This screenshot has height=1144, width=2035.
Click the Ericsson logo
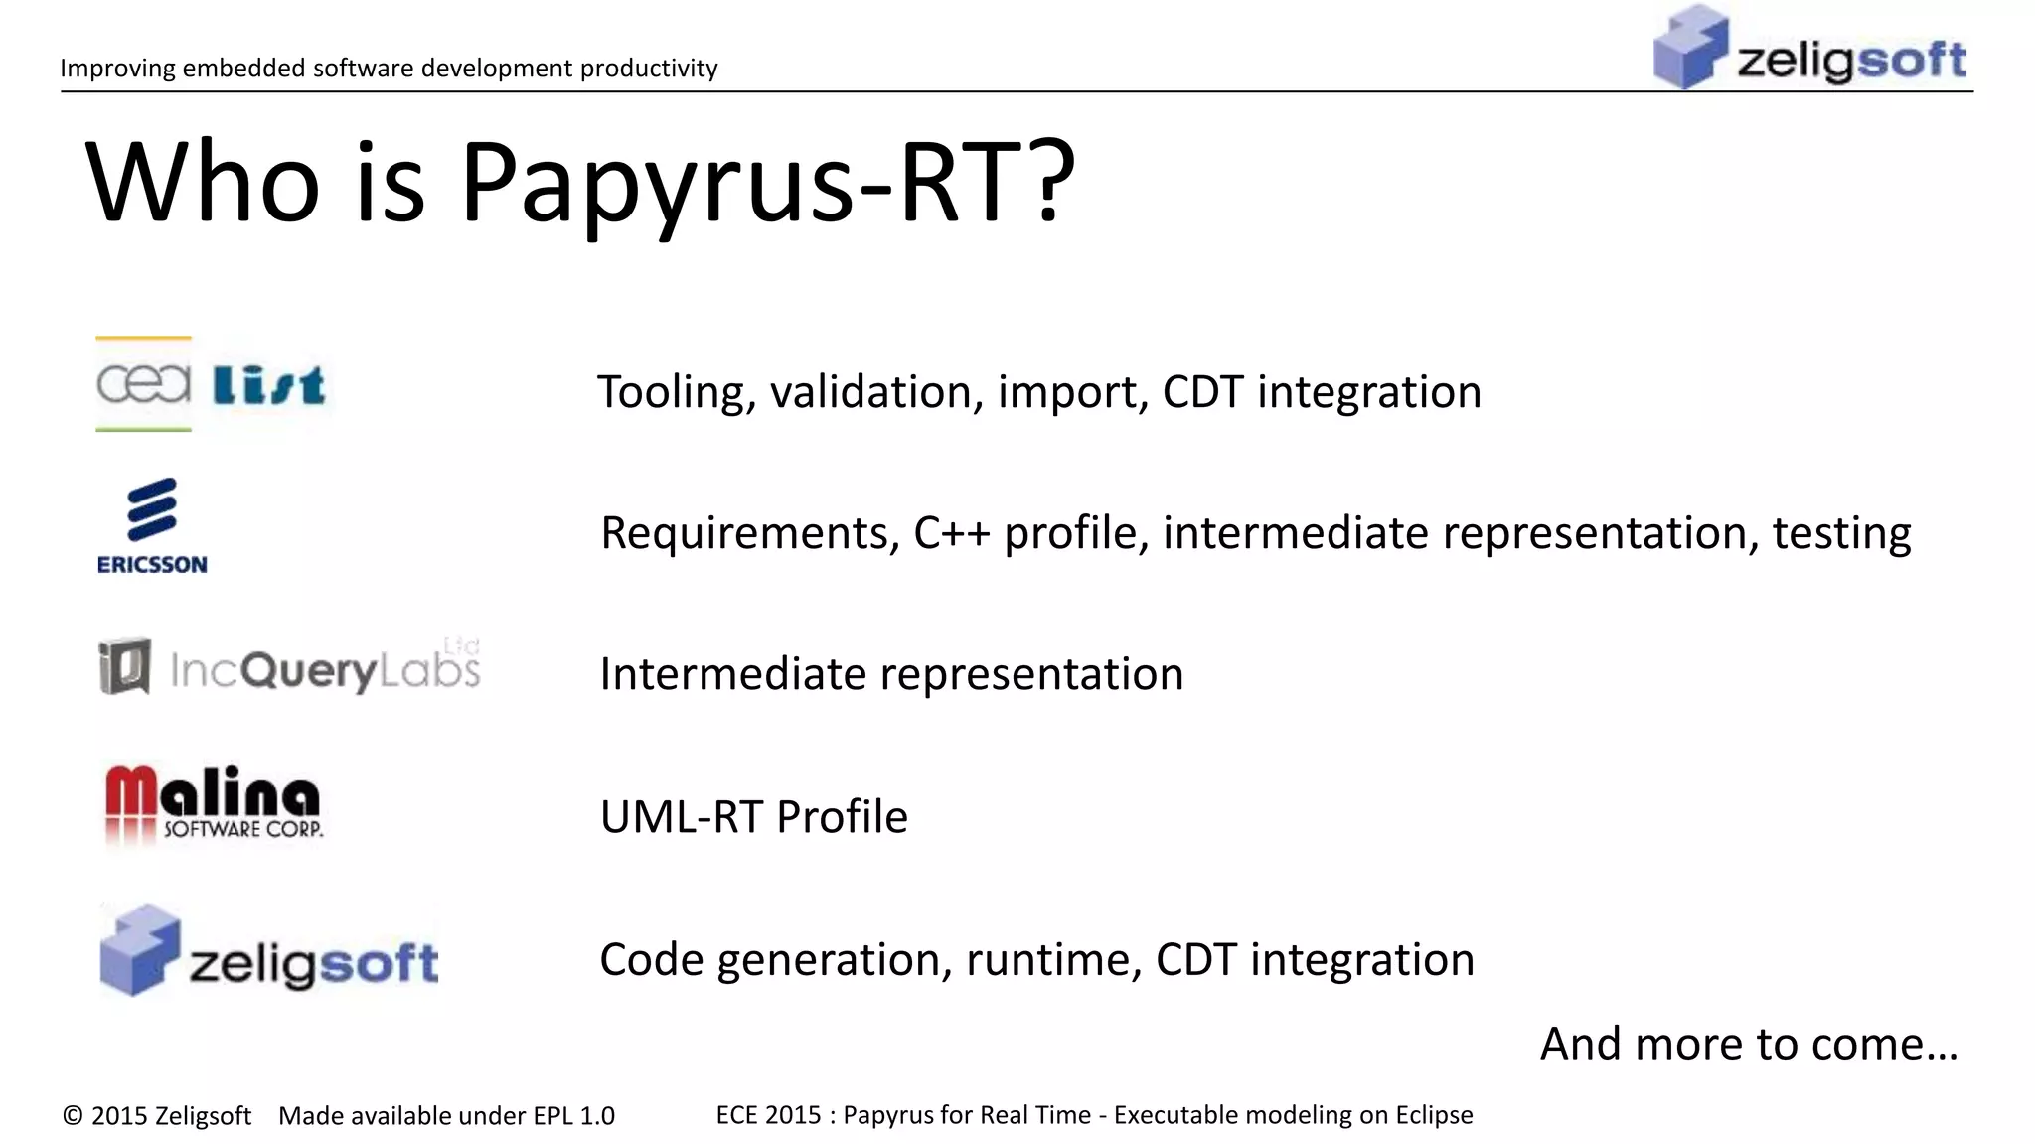152,525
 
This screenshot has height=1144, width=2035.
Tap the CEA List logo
211,384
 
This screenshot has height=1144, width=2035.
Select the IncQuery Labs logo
289,667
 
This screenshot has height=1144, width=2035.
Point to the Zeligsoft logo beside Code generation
268,951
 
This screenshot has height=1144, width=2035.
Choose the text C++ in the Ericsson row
951,534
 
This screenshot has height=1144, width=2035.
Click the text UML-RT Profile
753,817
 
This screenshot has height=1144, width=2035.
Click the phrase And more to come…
1749,1044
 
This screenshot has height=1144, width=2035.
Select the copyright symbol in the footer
73,1116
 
